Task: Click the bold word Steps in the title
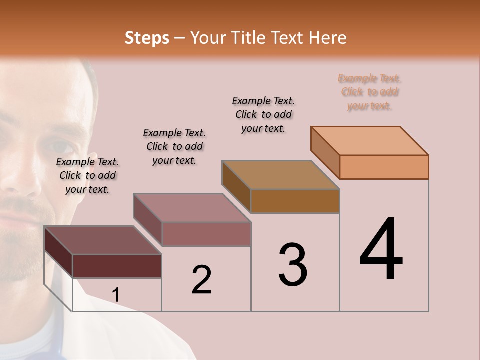147,38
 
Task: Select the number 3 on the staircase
293,265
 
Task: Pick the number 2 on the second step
201,280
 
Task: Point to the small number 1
116,295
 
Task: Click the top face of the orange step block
370,140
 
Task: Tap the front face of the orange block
384,167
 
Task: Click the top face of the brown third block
281,175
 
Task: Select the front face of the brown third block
295,201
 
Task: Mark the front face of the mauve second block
206,234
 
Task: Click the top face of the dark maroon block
103,240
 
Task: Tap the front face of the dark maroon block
117,266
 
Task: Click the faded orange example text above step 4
369,92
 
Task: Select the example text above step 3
263,114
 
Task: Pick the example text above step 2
174,146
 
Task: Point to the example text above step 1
87,175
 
